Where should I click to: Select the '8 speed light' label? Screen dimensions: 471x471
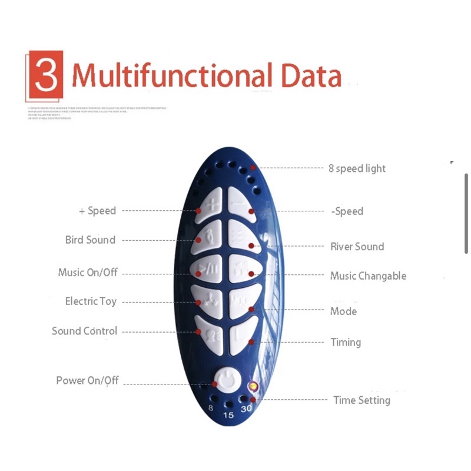pos(357,168)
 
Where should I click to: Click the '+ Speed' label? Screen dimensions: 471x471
pos(97,211)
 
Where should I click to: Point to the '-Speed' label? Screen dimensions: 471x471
pos(347,211)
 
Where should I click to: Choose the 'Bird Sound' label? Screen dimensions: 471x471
pos(90,240)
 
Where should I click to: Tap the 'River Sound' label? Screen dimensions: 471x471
pos(357,247)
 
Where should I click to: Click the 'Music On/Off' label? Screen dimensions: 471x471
pos(88,273)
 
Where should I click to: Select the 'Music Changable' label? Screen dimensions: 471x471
pos(368,276)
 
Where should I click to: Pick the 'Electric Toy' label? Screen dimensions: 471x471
pos(91,301)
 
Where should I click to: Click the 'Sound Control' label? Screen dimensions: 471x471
pos(84,331)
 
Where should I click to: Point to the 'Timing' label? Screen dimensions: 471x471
pos(346,342)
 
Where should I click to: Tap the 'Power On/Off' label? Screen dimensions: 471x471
pos(87,380)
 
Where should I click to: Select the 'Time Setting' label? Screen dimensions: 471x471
pos(361,400)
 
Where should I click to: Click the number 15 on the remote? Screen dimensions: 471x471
pos(228,415)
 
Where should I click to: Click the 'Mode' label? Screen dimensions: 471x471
pos(343,311)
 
